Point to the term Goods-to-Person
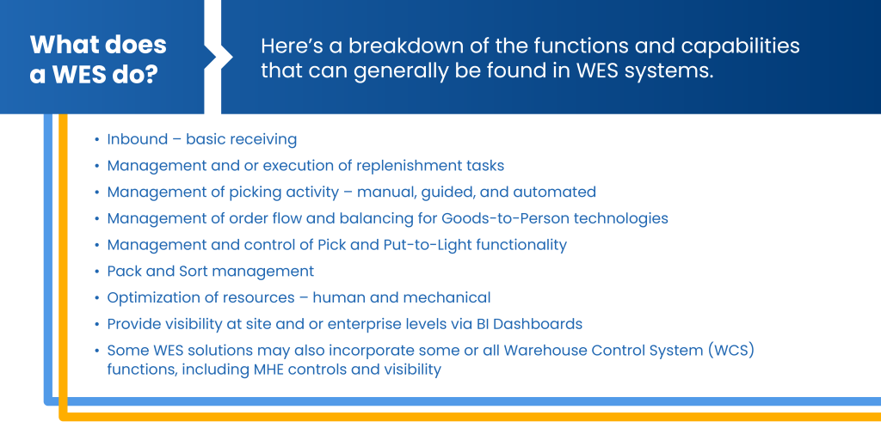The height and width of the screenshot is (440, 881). [504, 218]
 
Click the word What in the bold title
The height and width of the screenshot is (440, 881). [59, 45]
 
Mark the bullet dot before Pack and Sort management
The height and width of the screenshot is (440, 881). [98, 272]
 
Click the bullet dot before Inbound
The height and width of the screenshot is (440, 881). [98, 140]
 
